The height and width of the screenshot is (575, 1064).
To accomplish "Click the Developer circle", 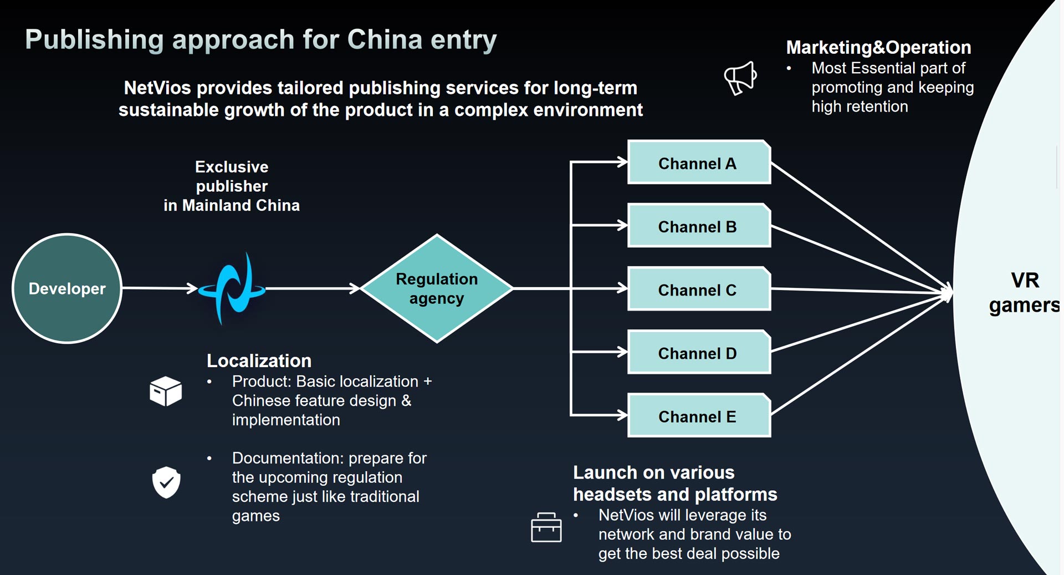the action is (x=67, y=288).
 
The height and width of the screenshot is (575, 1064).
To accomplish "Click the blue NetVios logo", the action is (x=232, y=288).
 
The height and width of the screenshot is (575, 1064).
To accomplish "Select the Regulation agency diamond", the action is (x=437, y=288).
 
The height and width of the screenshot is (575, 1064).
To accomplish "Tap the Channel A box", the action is (x=699, y=162).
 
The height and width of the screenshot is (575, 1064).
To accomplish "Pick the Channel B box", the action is (x=699, y=225).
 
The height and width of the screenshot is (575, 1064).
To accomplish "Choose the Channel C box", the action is (x=699, y=288).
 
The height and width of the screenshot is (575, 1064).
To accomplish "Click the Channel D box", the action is (x=699, y=352).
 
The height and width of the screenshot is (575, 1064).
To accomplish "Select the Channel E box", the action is (x=699, y=415).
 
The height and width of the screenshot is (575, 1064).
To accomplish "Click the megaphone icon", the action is (x=740, y=78).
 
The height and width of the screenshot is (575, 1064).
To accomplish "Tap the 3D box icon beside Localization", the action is (x=166, y=391).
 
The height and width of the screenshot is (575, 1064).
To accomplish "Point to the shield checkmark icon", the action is (x=166, y=482).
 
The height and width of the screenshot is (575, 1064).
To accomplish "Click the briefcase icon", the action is (x=546, y=527).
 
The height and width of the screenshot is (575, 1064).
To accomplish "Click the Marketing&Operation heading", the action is (x=878, y=48).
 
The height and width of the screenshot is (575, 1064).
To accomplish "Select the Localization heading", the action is (x=259, y=361).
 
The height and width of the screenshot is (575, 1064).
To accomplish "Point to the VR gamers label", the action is (x=1024, y=293).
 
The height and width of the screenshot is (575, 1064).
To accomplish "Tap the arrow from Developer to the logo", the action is (x=160, y=288).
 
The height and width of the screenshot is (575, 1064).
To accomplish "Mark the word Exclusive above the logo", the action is (x=232, y=167).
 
